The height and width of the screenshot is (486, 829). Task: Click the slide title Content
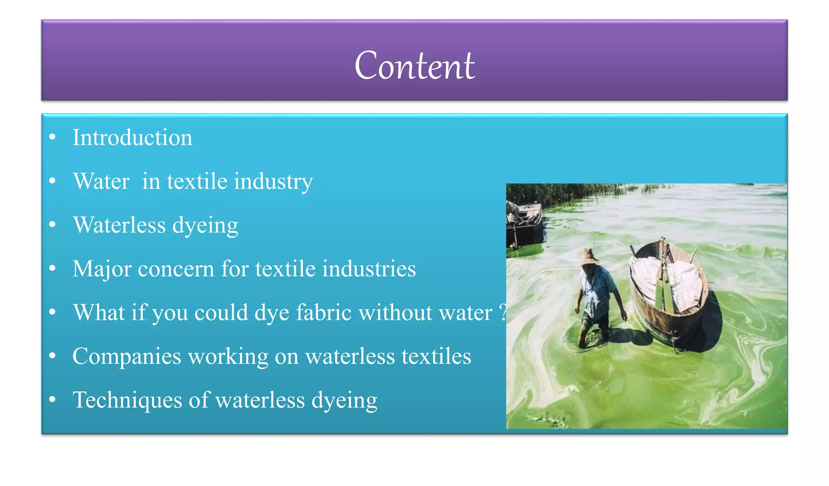pos(414,66)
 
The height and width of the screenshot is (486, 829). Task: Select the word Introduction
pos(132,138)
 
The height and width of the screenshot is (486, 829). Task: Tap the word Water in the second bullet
pos(101,181)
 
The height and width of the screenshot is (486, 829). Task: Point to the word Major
pos(102,269)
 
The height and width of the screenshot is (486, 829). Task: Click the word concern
pos(176,269)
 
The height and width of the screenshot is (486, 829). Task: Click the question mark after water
pos(502,313)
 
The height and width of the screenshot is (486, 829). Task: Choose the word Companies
pos(127,356)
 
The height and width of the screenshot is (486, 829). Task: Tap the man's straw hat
pos(589,256)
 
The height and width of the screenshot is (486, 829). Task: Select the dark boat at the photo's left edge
pos(524,225)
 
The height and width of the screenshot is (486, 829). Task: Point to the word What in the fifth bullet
pos(99,313)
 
